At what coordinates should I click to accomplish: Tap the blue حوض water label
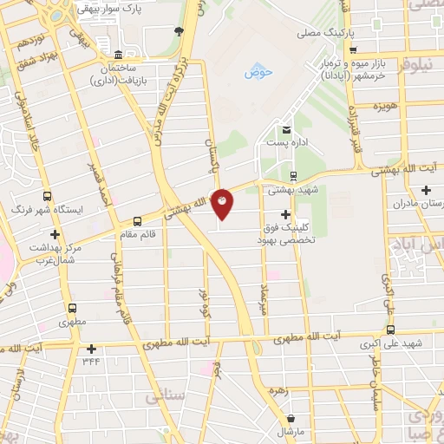pos(258,73)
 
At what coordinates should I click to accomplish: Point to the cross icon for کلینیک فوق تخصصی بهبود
pos(286,213)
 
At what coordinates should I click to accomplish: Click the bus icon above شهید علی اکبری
pos(390,330)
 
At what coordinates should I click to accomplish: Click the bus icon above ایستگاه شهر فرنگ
pos(46,196)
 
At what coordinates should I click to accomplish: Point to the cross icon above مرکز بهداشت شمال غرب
pos(55,234)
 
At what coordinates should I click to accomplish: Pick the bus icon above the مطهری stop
pos(72,308)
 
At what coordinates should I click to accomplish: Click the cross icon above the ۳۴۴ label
pos(91,349)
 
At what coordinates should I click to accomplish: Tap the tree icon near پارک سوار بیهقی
pos(179,31)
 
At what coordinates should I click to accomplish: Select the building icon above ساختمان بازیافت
pos(119,53)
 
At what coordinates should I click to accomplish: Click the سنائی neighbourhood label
pos(165,395)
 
